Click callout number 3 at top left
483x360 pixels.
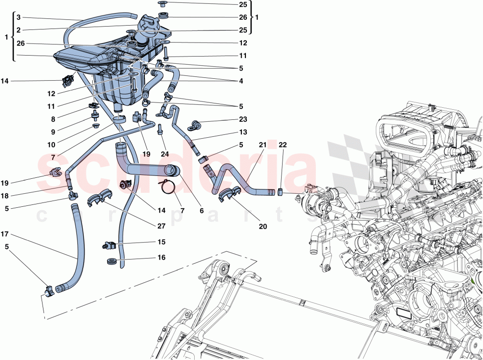pos(18,17)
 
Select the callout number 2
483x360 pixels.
pos(18,30)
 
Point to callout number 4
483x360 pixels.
pos(241,81)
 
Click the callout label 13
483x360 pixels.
pos(242,132)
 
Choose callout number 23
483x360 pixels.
pos(242,119)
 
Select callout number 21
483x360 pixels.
pos(262,145)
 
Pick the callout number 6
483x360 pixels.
pos(201,211)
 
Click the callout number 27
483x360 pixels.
pos(161,226)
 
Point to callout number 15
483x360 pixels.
pos(161,242)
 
